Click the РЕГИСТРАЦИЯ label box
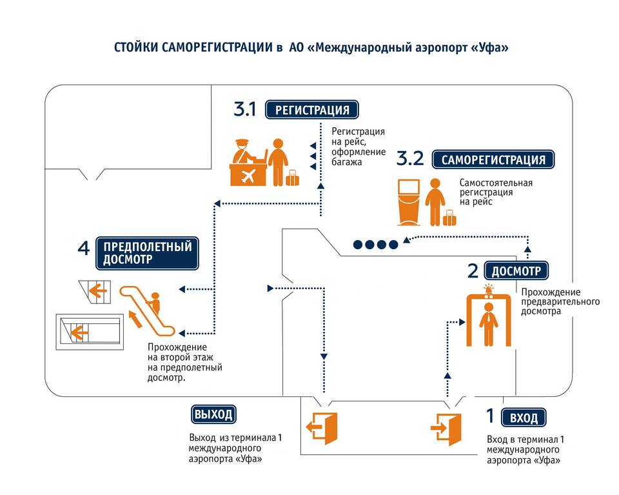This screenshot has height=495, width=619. coord(312,110)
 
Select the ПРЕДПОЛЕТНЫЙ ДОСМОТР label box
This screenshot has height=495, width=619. coord(147,252)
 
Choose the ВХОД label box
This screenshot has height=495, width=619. coord(524,418)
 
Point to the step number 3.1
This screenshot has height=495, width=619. coord(245,110)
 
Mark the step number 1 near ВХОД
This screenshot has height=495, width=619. coord(490,415)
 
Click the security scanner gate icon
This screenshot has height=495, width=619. coord(489,319)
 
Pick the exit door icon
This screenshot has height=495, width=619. coord(321,427)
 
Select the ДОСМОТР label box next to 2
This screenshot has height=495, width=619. coord(516,270)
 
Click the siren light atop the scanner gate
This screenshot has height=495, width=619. coord(489,288)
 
